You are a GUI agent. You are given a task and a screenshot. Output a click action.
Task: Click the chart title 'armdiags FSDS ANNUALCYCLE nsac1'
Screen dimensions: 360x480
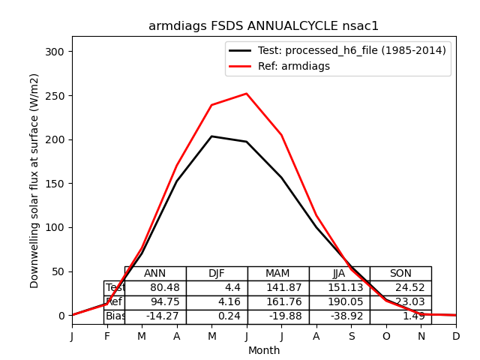263,26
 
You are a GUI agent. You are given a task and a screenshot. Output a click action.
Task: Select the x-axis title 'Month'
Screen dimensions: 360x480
264,350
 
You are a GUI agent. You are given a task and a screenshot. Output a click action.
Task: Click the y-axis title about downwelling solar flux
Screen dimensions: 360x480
34,180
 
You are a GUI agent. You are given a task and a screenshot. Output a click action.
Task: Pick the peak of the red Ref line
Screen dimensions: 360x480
247,94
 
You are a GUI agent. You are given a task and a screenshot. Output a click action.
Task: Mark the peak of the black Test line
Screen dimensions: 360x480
211,136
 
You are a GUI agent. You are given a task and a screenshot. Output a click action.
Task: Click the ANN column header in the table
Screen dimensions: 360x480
155,274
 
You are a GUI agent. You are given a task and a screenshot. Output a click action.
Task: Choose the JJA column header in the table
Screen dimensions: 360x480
339,274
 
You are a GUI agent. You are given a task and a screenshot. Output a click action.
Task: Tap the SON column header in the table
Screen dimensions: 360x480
400,274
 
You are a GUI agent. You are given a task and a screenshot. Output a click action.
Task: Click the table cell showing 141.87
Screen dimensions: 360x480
278,288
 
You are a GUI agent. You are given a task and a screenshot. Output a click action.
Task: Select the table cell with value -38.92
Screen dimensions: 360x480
339,316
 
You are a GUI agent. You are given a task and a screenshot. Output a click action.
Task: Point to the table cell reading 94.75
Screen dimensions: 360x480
155,302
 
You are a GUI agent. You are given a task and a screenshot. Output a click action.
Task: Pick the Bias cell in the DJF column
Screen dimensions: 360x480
217,316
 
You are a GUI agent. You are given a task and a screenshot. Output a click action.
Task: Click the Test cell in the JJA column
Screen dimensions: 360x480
339,288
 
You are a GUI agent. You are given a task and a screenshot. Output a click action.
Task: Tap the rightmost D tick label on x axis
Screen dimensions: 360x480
456,337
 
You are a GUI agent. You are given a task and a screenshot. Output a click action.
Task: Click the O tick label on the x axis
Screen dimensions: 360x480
386,337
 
